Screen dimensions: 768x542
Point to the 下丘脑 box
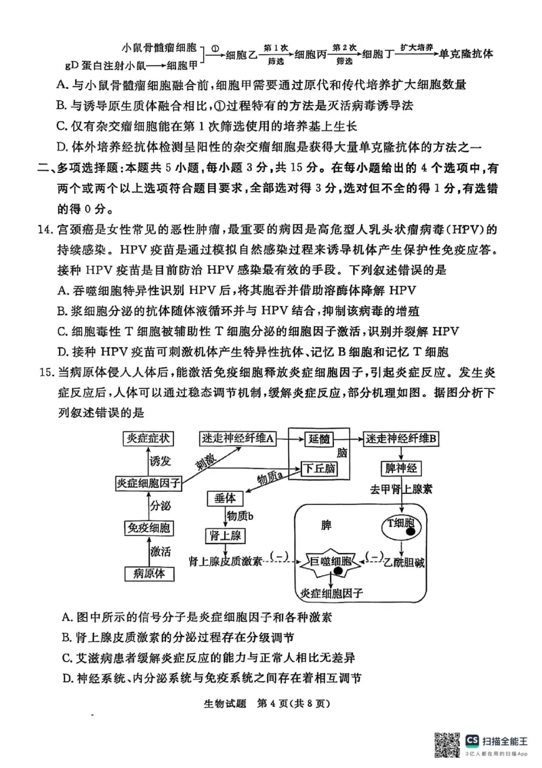click(x=318, y=468)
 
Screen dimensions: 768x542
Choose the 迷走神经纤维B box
click(x=402, y=439)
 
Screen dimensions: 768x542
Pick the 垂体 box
click(x=224, y=498)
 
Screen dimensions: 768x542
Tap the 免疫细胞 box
click(x=148, y=528)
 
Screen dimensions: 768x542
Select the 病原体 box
click(x=148, y=573)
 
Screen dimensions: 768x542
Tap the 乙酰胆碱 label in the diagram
click(x=404, y=562)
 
